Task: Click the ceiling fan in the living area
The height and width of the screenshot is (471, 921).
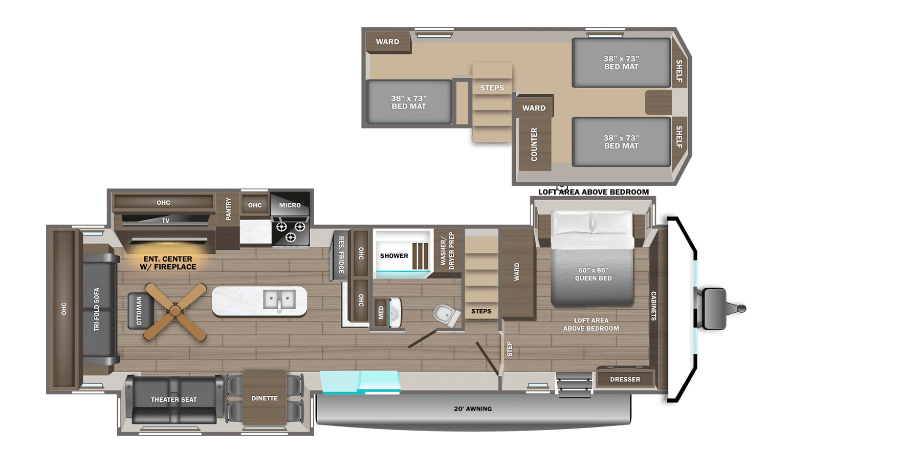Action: [x=175, y=311]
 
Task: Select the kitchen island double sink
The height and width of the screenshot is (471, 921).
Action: [x=279, y=299]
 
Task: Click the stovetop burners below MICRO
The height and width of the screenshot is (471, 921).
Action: [x=290, y=231]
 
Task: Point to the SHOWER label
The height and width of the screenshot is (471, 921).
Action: [x=394, y=256]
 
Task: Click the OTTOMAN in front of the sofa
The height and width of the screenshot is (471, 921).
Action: [x=139, y=311]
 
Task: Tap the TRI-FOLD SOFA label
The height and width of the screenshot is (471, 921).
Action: [x=96, y=309]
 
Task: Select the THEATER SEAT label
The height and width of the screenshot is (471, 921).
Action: [x=173, y=400]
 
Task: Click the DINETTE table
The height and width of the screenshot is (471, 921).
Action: [x=265, y=398]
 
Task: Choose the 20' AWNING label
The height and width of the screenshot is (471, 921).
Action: [x=473, y=409]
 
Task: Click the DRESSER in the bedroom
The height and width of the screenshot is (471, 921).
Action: [x=625, y=379]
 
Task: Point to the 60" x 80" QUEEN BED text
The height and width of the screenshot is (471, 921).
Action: [x=594, y=274]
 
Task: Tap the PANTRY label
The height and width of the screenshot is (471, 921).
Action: [x=228, y=209]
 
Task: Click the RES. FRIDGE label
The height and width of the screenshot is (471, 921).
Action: [x=341, y=254]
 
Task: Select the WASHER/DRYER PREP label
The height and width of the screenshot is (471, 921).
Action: [x=447, y=251]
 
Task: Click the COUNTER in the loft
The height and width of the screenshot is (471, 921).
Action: [x=534, y=144]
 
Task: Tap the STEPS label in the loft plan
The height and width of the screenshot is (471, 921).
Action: [x=492, y=88]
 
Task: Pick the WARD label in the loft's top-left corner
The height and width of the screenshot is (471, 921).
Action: [x=387, y=42]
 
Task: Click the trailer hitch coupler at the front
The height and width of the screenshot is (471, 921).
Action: [x=740, y=308]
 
